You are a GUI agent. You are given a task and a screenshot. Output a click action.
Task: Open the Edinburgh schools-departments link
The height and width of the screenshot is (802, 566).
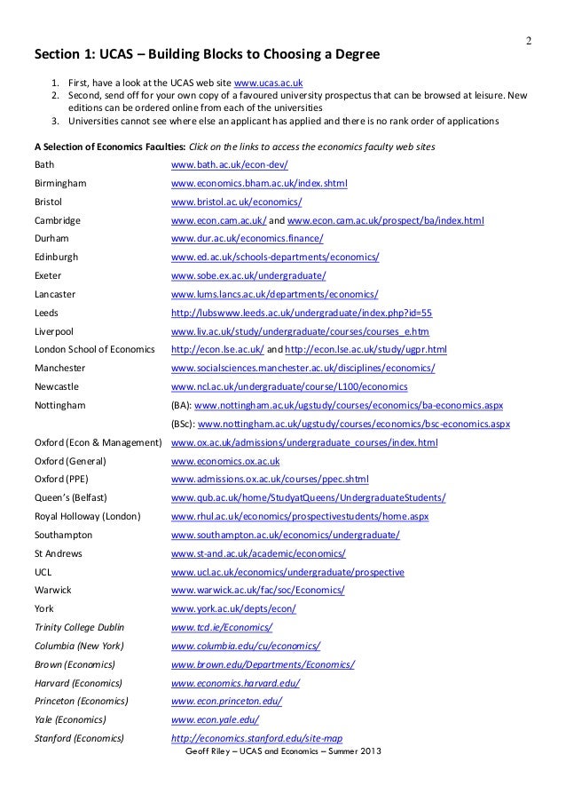[275, 258]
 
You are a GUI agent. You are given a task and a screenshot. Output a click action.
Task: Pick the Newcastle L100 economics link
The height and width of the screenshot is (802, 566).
[288, 386]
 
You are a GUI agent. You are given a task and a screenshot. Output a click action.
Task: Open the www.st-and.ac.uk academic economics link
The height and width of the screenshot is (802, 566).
[257, 552]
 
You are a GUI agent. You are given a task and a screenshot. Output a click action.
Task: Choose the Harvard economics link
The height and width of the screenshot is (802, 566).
[234, 682]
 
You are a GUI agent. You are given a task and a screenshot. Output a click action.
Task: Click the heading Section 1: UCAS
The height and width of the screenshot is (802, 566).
[206, 55]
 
